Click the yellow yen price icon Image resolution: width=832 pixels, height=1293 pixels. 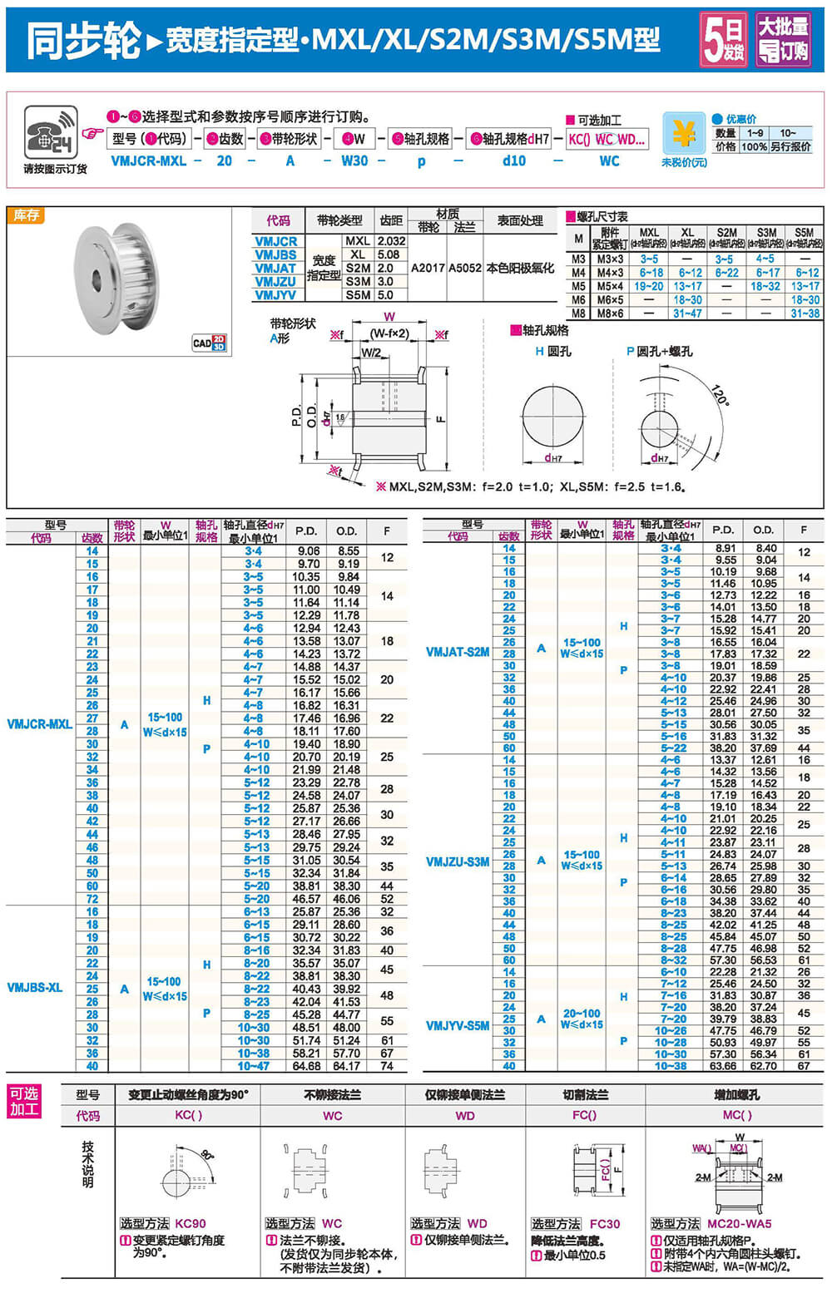tap(683, 133)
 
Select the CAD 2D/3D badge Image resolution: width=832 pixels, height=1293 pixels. tap(210, 343)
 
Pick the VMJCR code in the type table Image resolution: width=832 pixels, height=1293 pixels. tap(275, 241)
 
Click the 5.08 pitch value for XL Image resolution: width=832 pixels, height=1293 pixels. tap(388, 254)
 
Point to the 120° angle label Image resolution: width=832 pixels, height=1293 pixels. tap(720, 395)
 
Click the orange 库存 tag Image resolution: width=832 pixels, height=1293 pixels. tap(27, 215)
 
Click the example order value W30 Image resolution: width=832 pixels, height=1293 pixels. tap(354, 160)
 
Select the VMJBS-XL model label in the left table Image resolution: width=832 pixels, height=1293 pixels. tap(35, 988)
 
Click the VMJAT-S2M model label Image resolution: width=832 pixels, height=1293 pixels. tap(458, 652)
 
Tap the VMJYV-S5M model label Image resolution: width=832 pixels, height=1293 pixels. tap(458, 1025)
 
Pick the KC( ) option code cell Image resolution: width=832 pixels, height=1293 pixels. tap(188, 1115)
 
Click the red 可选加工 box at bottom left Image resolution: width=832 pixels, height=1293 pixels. tap(24, 1102)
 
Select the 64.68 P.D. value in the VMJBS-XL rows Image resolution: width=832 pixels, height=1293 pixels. tap(306, 1065)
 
